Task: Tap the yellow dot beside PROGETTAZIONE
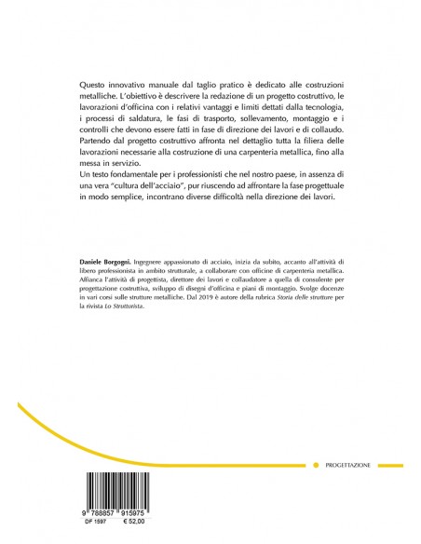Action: [x=317, y=463]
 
